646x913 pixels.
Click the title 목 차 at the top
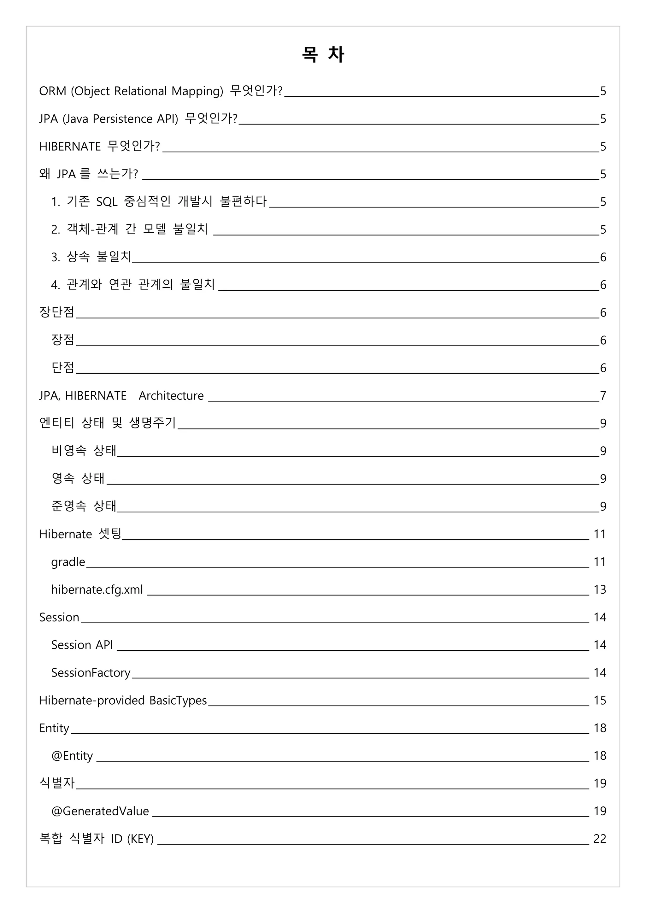(323, 54)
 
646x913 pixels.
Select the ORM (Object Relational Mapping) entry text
(160, 91)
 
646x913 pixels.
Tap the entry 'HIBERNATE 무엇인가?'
(99, 146)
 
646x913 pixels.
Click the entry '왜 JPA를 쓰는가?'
(88, 174)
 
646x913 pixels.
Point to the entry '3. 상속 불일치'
(91, 257)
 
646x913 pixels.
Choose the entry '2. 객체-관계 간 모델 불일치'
(129, 229)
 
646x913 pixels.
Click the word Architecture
(171, 396)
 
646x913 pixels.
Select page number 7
(603, 396)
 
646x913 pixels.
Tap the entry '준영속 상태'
(84, 506)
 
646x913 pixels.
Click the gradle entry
(68, 562)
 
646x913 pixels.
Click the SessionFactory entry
(91, 672)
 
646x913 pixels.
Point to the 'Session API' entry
(82, 645)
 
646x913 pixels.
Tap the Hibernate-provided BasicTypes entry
(123, 700)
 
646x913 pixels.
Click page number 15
(599, 700)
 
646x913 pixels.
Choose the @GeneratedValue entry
(100, 811)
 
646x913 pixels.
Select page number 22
(599, 839)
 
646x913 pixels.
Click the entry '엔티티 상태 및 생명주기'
(107, 423)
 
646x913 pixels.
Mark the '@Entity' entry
(72, 756)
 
